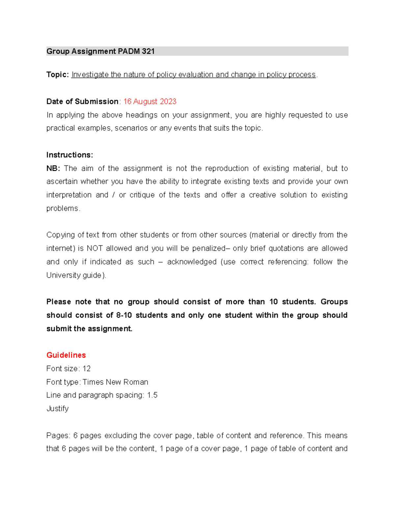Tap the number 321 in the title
click(x=148, y=51)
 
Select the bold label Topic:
click(x=58, y=75)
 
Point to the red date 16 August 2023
click(x=150, y=101)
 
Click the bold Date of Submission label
click(x=82, y=101)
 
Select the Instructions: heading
click(x=69, y=155)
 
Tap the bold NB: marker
click(x=53, y=168)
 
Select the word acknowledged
click(x=192, y=262)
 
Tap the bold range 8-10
click(x=124, y=315)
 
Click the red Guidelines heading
click(x=66, y=355)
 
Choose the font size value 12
click(x=87, y=369)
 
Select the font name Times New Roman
click(x=115, y=382)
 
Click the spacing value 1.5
click(x=152, y=395)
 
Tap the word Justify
click(x=57, y=409)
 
